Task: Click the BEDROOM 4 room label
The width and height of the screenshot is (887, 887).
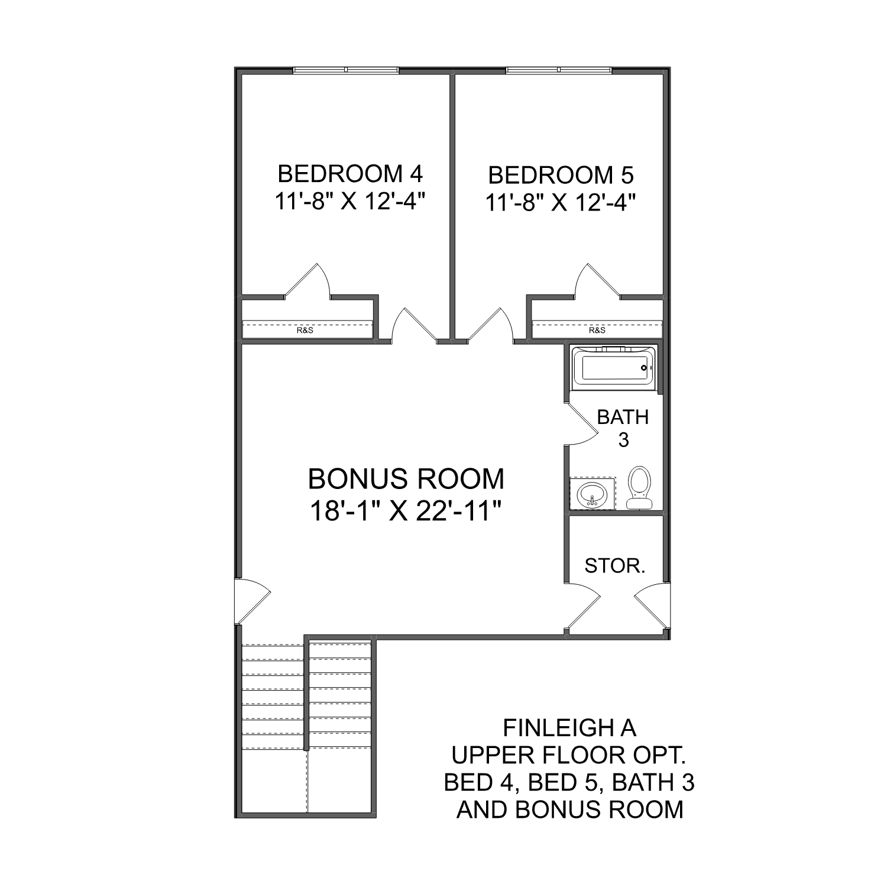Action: click(350, 174)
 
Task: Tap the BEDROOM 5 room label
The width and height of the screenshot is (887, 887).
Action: click(561, 175)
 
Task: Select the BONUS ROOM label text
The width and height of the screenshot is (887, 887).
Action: click(406, 479)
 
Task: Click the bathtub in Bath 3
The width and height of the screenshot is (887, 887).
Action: click(615, 368)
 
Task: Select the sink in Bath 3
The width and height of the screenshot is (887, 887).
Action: click(591, 493)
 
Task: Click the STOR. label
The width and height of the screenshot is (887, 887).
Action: click(615, 566)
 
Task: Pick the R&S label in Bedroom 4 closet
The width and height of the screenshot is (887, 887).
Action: click(305, 330)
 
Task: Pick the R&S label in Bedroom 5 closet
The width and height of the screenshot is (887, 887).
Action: click(597, 330)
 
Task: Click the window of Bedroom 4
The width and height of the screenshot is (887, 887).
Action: click(346, 70)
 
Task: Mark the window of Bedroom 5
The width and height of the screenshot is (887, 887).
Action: click(558, 70)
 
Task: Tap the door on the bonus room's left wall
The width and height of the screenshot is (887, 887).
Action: click(251, 601)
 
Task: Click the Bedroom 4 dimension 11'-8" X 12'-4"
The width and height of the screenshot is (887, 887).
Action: click(350, 202)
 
